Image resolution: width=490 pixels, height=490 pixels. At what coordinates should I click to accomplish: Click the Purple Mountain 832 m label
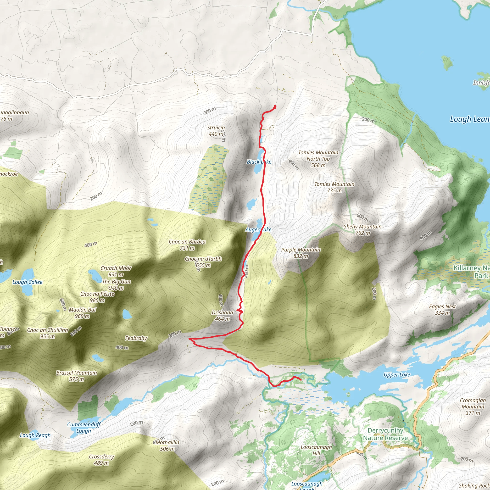pyautogui.click(x=301, y=253)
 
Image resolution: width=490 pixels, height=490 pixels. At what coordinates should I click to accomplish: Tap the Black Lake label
pyautogui.click(x=259, y=162)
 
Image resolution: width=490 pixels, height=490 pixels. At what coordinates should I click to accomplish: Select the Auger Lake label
pyautogui.click(x=258, y=229)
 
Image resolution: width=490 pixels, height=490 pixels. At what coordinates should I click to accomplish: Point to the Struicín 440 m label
pyautogui.click(x=216, y=131)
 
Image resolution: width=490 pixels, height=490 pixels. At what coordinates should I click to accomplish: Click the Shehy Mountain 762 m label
pyautogui.click(x=362, y=230)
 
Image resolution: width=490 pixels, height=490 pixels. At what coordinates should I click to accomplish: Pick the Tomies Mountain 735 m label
pyautogui.click(x=334, y=187)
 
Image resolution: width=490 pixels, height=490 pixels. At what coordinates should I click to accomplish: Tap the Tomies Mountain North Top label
pyautogui.click(x=318, y=159)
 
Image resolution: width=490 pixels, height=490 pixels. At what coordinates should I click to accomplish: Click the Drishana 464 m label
pyautogui.click(x=223, y=316)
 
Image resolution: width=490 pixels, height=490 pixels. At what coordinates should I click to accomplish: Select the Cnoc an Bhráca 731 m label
pyautogui.click(x=187, y=245)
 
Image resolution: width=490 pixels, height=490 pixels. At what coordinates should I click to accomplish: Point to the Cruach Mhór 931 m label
pyautogui.click(x=116, y=271)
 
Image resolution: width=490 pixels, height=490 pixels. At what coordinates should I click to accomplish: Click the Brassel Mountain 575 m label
pyautogui.click(x=77, y=376)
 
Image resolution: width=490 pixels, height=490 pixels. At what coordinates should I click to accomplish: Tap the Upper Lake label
pyautogui.click(x=397, y=375)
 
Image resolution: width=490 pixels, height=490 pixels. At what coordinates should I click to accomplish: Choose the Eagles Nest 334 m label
pyautogui.click(x=442, y=310)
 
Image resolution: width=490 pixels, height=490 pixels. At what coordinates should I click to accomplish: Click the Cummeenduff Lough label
pyautogui.click(x=84, y=428)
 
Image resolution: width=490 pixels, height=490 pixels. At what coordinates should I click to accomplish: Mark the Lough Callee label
pyautogui.click(x=27, y=282)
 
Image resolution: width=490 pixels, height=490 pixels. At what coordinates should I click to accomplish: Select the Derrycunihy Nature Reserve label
pyautogui.click(x=385, y=434)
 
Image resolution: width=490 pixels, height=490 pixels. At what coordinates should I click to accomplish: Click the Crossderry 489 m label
pyautogui.click(x=101, y=460)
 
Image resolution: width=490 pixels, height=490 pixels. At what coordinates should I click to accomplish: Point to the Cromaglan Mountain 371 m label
pyautogui.click(x=473, y=406)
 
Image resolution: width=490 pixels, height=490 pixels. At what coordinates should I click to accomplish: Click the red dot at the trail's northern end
pyautogui.click(x=275, y=106)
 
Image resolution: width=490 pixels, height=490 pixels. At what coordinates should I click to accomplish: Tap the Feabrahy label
pyautogui.click(x=136, y=338)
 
